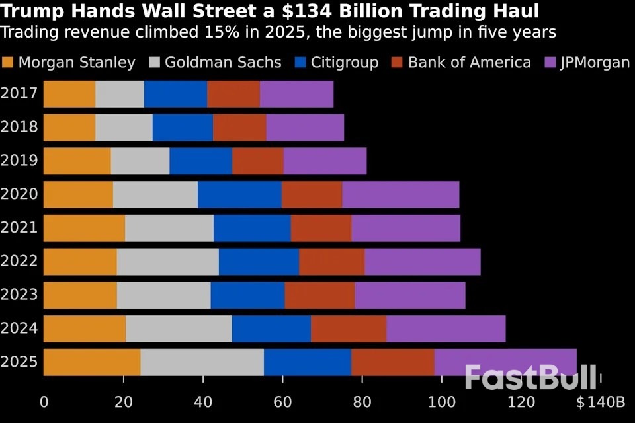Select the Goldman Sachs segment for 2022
pyautogui.click(x=167, y=262)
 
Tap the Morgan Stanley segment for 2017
pyautogui.click(x=69, y=94)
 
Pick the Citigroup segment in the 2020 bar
pyautogui.click(x=239, y=194)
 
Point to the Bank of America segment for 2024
pyautogui.click(x=349, y=328)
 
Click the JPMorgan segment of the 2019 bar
pyautogui.click(x=325, y=161)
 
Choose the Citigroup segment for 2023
pyautogui.click(x=247, y=295)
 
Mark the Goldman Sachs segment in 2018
pyautogui.click(x=124, y=128)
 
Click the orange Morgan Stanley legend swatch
pyautogui.click(x=8, y=63)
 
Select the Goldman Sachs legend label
pyautogui.click(x=223, y=63)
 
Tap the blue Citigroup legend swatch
pyautogui.click(x=301, y=63)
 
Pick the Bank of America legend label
pyautogui.click(x=469, y=63)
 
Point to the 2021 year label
pyautogui.click(x=19, y=228)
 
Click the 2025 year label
pyautogui.click(x=19, y=362)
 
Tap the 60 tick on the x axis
pyautogui.click(x=282, y=402)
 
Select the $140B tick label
pyautogui.click(x=600, y=402)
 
